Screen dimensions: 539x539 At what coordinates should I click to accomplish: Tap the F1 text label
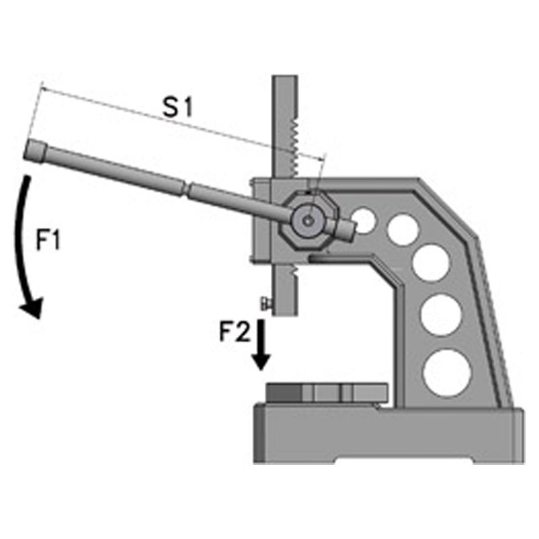(x=49, y=241)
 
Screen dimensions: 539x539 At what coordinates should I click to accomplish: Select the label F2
(x=234, y=331)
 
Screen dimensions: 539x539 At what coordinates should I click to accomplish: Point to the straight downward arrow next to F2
(x=262, y=346)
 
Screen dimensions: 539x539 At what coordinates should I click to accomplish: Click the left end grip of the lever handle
(x=35, y=150)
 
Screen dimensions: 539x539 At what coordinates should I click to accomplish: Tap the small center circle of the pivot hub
(x=307, y=220)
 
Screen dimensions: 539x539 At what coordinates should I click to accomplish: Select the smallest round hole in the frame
(x=364, y=221)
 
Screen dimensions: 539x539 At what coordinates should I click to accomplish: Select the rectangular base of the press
(x=387, y=435)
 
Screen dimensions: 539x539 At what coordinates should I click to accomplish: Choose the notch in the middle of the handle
(x=186, y=187)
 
